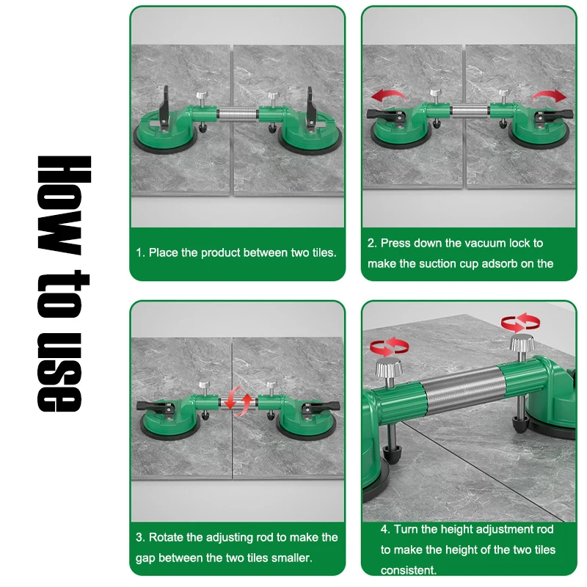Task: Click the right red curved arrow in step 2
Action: [549, 95]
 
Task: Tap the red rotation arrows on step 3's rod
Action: [238, 401]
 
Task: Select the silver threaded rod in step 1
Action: [238, 114]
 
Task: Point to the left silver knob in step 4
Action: [389, 368]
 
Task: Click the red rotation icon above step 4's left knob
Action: [389, 346]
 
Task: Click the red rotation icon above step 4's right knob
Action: [520, 322]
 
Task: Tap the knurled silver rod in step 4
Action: [464, 390]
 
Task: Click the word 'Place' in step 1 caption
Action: [163, 252]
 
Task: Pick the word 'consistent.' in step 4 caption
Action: [409, 570]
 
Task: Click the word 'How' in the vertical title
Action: [64, 205]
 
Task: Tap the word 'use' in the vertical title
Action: [59, 373]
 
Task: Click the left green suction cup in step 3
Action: [170, 421]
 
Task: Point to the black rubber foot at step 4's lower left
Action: [392, 454]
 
